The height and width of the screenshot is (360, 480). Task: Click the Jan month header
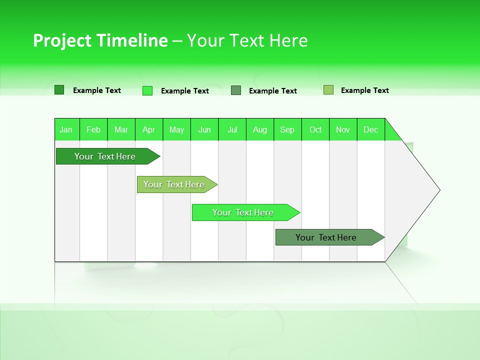pyautogui.click(x=66, y=129)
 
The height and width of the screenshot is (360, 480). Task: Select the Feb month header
pyautogui.click(x=93, y=129)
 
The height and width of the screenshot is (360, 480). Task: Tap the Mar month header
pyautogui.click(x=121, y=129)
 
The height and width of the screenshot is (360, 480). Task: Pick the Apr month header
pyautogui.click(x=149, y=129)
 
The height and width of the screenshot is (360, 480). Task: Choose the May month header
pyautogui.click(x=176, y=129)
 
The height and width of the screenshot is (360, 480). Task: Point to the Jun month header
pyautogui.click(x=204, y=129)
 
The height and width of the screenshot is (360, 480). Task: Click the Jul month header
pyautogui.click(x=232, y=129)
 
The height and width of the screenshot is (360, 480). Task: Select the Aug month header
pyautogui.click(x=260, y=129)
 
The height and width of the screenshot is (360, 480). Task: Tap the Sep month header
pyautogui.click(x=287, y=129)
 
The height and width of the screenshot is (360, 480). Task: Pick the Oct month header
pyautogui.click(x=315, y=129)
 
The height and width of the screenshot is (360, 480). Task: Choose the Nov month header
pyautogui.click(x=343, y=129)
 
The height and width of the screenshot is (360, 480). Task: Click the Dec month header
pyautogui.click(x=371, y=129)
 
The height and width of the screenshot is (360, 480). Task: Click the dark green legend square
pyautogui.click(x=59, y=90)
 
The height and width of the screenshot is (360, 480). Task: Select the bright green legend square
pyautogui.click(x=147, y=90)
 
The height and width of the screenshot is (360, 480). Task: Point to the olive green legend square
pyautogui.click(x=328, y=90)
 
